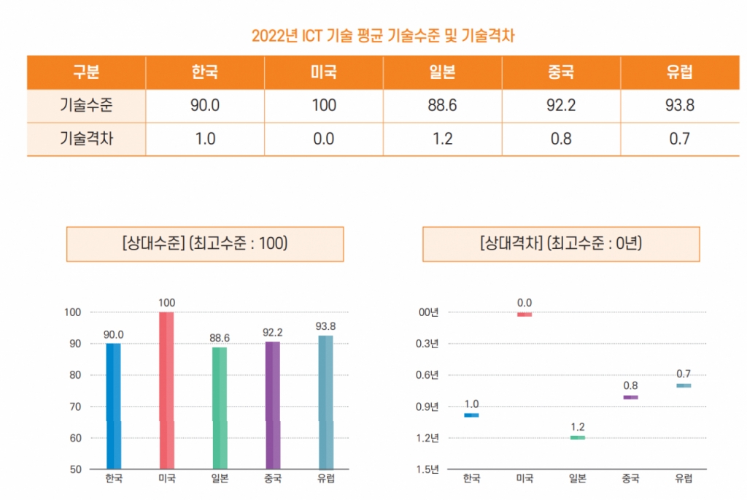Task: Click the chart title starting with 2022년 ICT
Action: point(383,35)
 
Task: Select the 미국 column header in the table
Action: point(323,72)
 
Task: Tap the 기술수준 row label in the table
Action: point(86,105)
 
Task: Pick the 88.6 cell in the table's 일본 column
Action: point(442,105)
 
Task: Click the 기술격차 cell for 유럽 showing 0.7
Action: point(679,139)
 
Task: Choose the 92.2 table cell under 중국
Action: point(560,105)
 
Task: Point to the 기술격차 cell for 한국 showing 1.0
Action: point(205,139)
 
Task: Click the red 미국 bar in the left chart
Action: point(166,391)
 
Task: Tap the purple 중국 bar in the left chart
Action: point(273,405)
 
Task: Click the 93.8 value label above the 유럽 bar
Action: point(326,326)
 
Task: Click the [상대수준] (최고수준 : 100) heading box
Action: point(205,244)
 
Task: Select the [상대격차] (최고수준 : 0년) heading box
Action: point(560,244)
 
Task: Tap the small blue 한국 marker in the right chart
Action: point(471,415)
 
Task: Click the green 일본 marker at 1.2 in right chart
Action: point(578,437)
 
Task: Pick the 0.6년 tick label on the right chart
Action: point(427,375)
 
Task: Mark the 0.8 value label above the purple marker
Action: point(631,385)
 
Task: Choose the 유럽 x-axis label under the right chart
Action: point(684,479)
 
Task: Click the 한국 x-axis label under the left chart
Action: point(114,479)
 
